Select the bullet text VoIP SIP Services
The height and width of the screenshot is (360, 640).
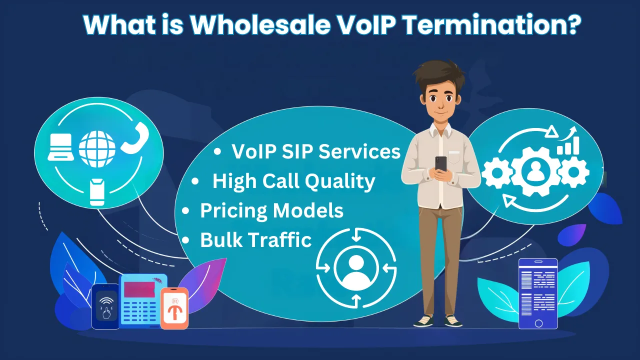[316, 152]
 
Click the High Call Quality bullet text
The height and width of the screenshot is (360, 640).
[293, 181]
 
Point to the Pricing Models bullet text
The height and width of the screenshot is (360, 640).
[271, 210]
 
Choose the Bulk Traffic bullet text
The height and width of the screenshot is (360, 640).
[256, 240]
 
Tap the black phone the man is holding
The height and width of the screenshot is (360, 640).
[440, 163]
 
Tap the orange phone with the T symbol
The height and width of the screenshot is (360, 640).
[174, 308]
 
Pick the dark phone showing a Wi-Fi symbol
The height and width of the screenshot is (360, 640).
[105, 306]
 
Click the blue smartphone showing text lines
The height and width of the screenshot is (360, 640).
[537, 293]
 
